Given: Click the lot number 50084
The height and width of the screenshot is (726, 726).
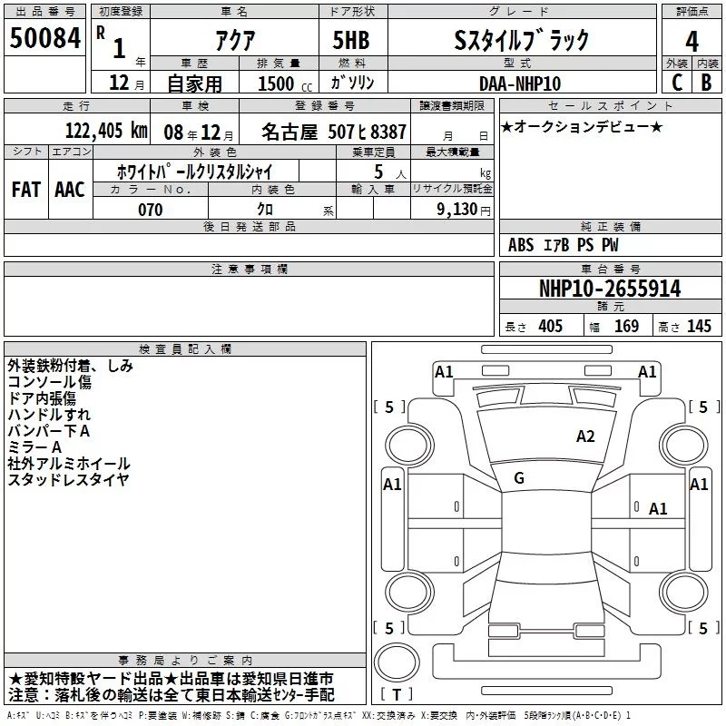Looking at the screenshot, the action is pyautogui.click(x=44, y=39).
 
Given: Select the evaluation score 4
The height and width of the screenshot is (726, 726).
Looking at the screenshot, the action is pyautogui.click(x=692, y=41).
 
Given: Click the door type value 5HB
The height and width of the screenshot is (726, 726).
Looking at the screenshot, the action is pyautogui.click(x=352, y=41).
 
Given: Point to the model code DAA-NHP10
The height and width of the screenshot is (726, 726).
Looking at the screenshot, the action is pyautogui.click(x=520, y=83).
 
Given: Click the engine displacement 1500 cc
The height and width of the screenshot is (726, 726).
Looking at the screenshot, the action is pyautogui.click(x=272, y=83).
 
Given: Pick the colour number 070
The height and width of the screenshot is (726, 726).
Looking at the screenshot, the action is pyautogui.click(x=150, y=210).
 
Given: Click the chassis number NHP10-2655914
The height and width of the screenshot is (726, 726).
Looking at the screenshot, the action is pyautogui.click(x=609, y=289).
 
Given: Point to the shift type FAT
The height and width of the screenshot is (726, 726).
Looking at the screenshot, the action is pyautogui.click(x=25, y=190).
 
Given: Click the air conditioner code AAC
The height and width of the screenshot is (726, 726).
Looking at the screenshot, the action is pyautogui.click(x=70, y=190).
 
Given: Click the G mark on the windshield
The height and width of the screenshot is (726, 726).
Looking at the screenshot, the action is pyautogui.click(x=519, y=478).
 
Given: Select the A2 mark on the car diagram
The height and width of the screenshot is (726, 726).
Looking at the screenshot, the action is pyautogui.click(x=585, y=437).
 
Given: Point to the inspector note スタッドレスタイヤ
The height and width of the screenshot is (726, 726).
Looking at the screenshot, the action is pyautogui.click(x=68, y=479).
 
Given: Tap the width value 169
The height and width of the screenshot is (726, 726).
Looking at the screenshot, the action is pyautogui.click(x=626, y=327).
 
